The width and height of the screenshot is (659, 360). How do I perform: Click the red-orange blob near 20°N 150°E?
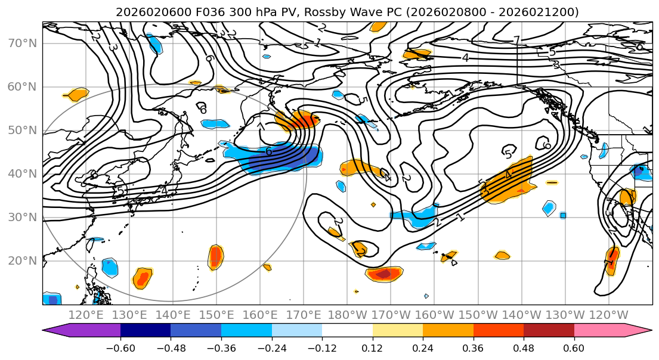coord(215,257)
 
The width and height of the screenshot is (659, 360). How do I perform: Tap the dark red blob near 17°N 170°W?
coord(384,274)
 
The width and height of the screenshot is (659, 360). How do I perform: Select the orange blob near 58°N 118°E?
coord(78,94)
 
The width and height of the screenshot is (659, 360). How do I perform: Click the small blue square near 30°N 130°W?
coord(562,215)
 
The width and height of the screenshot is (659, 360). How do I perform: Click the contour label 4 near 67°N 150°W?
coord(465,58)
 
